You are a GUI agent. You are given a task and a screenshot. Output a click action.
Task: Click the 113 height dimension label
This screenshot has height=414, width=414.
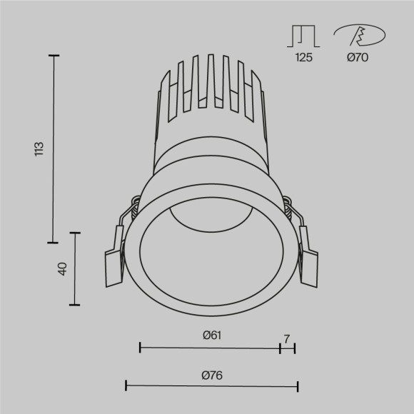click(x=39, y=148)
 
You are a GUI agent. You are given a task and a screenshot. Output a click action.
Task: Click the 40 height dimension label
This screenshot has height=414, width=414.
click(x=62, y=269)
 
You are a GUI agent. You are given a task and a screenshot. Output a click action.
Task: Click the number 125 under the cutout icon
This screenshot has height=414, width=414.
click(x=303, y=58)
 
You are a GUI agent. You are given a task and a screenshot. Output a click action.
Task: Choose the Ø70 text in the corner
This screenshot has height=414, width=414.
click(x=358, y=58)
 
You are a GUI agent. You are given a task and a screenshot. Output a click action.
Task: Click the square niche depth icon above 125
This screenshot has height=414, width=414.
click(x=303, y=36)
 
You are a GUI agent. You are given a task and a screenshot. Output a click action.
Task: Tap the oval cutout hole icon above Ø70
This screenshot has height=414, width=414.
click(x=359, y=34)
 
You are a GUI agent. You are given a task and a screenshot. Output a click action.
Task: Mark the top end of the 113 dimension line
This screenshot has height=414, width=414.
click(x=53, y=54)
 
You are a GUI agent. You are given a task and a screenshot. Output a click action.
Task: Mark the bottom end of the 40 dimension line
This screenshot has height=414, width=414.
click(x=74, y=305)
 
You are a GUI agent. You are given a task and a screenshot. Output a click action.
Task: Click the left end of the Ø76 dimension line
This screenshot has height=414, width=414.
click(x=126, y=386)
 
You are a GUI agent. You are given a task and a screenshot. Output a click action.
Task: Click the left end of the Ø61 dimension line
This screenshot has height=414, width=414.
click(x=140, y=348)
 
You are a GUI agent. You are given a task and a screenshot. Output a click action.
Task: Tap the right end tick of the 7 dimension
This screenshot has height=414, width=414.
click(x=295, y=348)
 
